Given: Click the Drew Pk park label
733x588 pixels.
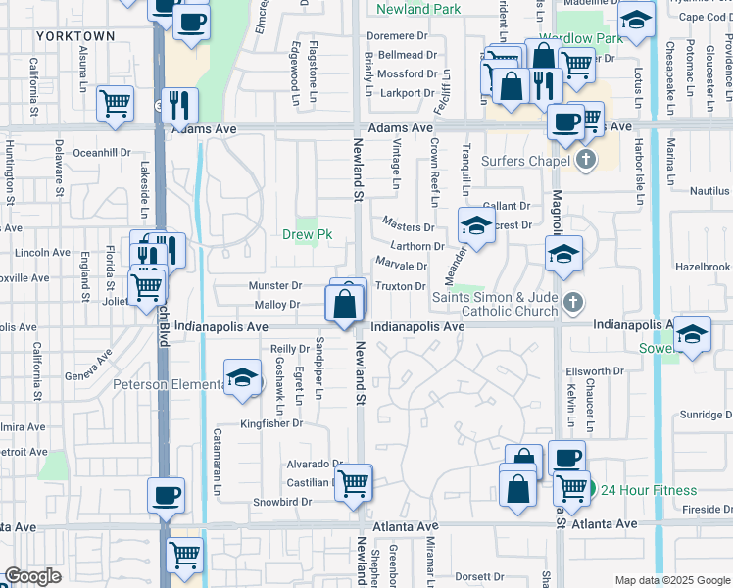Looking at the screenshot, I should point(307,234).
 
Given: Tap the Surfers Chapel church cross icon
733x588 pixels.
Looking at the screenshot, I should point(586,160).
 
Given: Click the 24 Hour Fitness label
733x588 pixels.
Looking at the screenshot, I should point(649,490).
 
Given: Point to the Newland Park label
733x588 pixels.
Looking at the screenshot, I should point(418,9).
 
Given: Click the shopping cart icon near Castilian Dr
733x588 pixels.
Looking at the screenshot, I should point(354,482).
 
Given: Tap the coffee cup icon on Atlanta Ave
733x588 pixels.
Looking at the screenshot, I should point(166,495).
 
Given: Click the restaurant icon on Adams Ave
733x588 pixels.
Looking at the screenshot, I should point(179,103).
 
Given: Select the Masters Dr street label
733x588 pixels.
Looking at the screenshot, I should point(409,227).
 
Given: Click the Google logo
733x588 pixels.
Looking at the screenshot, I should point(32,576).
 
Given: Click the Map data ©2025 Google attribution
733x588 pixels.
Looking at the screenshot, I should point(671,580).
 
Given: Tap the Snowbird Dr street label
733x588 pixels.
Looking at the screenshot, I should point(281,502).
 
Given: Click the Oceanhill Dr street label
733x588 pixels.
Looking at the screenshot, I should point(102,152).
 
